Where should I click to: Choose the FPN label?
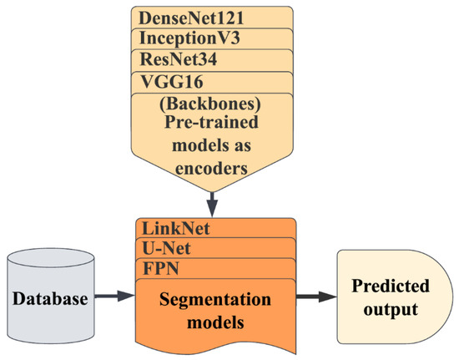pos(159,269)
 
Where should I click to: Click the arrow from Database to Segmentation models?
pos(111,294)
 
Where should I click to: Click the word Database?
pos(49,297)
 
